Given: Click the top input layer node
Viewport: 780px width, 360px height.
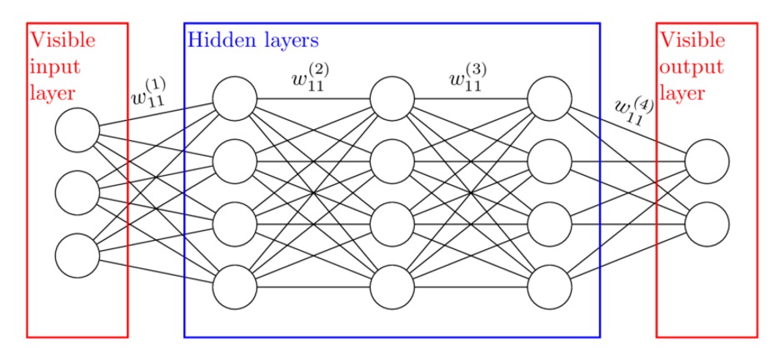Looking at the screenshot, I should tap(77, 131).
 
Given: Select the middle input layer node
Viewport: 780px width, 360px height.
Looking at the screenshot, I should tap(77, 193).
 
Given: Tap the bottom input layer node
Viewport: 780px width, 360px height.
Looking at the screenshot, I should tap(77, 256).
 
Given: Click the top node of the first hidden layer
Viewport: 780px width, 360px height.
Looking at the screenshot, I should tap(235, 98).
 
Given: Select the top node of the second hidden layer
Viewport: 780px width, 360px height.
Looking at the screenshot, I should tap(392, 98).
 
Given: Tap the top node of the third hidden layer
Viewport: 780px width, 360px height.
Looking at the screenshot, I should tap(550, 98).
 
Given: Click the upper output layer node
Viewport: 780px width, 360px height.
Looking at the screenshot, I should tap(707, 162).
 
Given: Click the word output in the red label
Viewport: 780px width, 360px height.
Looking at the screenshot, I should tap(689, 65).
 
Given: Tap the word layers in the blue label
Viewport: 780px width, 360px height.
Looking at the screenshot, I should tap(287, 39).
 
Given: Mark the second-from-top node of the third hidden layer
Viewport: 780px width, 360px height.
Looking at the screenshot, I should tap(550, 162).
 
